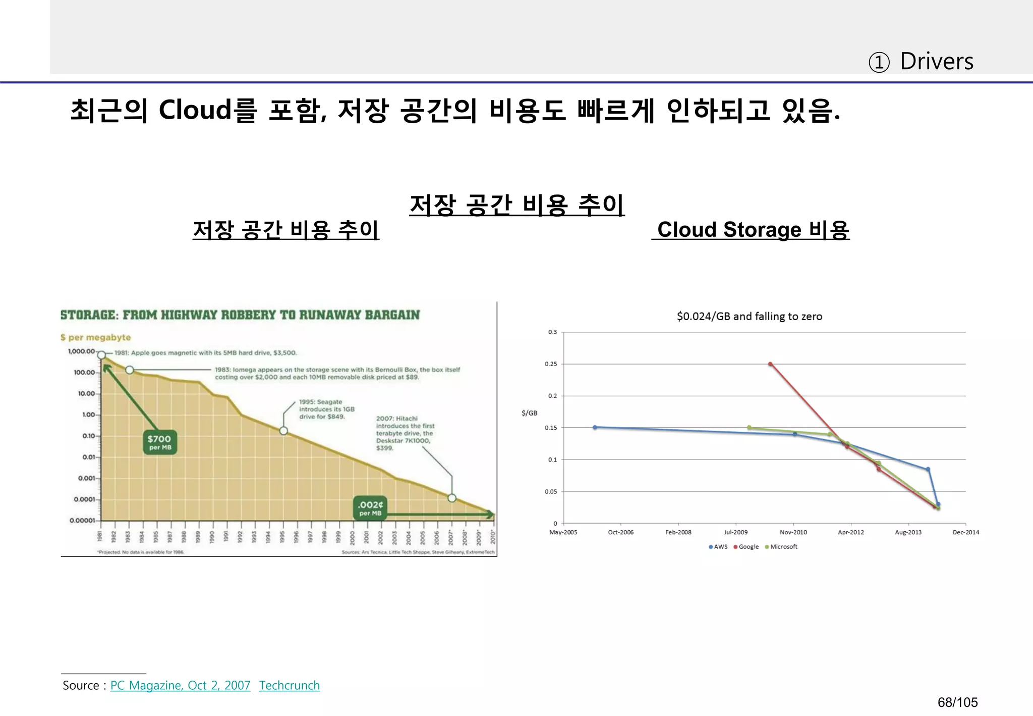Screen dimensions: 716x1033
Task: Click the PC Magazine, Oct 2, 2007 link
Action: (x=180, y=685)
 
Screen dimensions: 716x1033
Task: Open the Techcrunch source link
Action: (x=290, y=685)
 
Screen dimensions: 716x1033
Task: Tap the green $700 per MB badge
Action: (x=160, y=442)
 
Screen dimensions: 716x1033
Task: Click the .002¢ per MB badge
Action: (x=371, y=507)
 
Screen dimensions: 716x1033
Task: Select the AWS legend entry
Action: (x=718, y=547)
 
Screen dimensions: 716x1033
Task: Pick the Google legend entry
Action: (x=747, y=547)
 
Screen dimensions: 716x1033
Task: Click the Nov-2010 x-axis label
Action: (x=793, y=532)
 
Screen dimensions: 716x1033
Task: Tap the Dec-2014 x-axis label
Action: (x=965, y=532)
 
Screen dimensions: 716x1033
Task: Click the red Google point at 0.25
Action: (x=770, y=364)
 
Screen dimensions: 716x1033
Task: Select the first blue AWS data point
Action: (x=595, y=427)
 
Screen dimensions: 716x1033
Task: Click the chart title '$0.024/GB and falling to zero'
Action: (x=750, y=317)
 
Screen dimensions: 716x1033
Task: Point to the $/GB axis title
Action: (x=529, y=413)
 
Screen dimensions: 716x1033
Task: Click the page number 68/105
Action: (x=957, y=702)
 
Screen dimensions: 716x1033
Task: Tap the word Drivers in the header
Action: (x=937, y=62)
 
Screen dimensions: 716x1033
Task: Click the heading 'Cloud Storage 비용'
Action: (x=753, y=230)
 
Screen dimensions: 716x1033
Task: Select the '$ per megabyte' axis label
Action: (x=96, y=337)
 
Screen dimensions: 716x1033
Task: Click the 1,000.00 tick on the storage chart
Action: (x=81, y=351)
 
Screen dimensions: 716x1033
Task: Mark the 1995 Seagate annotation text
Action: (x=326, y=410)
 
